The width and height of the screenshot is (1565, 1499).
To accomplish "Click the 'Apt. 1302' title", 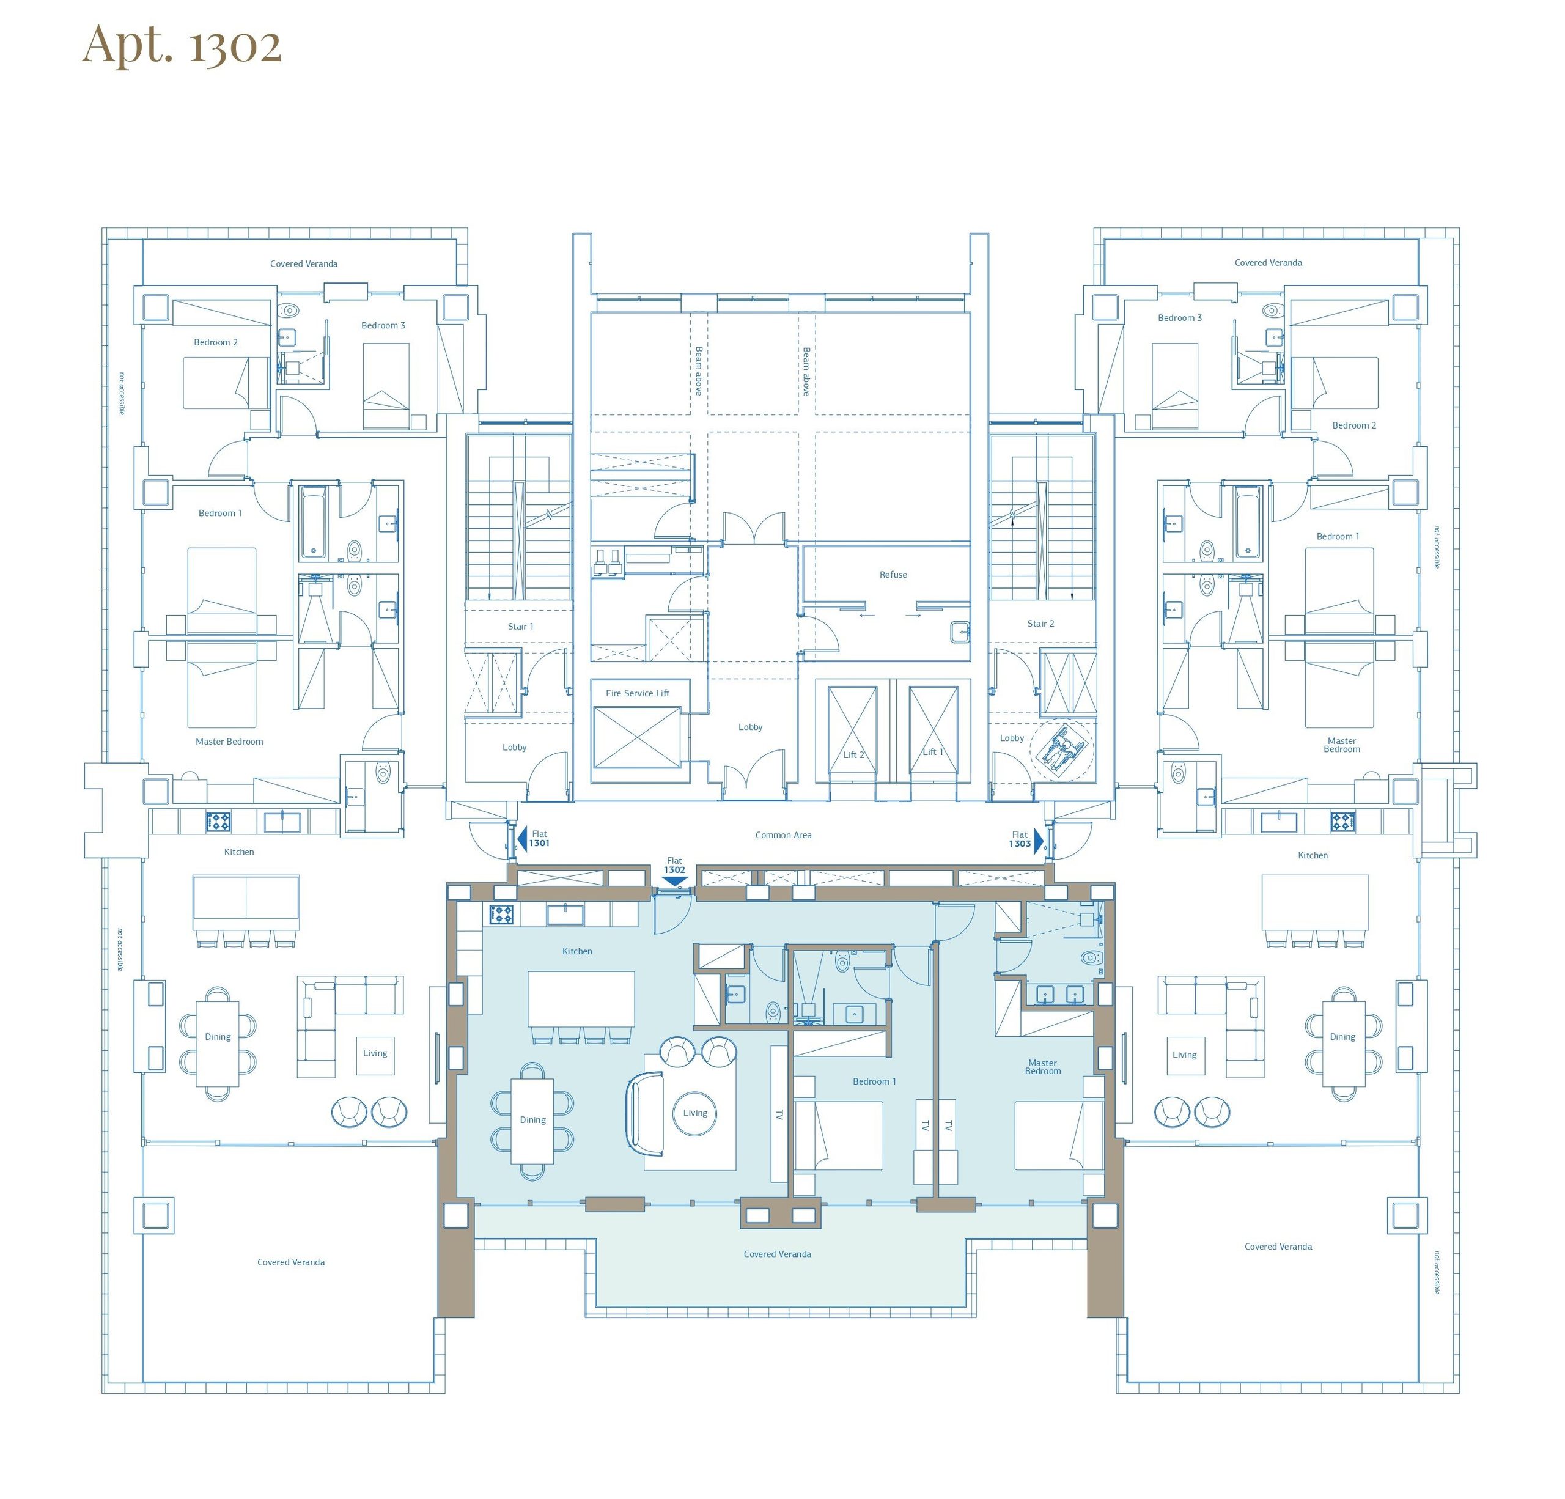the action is point(182,45).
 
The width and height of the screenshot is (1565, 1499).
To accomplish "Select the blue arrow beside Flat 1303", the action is point(1039,840).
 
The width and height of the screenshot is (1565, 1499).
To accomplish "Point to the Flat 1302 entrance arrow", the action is point(676,882).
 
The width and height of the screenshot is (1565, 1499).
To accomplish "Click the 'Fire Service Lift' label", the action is point(637,693).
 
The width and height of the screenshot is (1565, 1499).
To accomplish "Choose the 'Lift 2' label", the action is point(853,754).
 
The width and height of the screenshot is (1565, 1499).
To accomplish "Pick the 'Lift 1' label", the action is point(933,751).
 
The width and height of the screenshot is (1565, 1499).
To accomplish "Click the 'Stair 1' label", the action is point(521,626).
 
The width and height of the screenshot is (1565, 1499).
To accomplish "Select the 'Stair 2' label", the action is point(1040,623).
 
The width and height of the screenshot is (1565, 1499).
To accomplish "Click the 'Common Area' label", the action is point(783,835).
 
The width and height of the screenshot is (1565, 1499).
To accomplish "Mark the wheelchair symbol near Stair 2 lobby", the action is point(1061,748).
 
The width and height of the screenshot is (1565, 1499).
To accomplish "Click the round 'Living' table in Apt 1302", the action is point(694,1113).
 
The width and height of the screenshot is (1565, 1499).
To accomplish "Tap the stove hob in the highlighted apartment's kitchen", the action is point(501,915).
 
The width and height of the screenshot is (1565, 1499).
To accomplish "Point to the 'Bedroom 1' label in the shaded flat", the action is point(874,1081).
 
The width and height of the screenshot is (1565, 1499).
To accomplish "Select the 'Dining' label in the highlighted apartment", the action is point(532,1119).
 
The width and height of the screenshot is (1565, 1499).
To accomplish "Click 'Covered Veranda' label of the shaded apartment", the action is point(777,1254).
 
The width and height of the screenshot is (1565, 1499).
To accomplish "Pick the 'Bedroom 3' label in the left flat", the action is point(383,325).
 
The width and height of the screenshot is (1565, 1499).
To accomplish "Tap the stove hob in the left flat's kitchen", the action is point(219,821).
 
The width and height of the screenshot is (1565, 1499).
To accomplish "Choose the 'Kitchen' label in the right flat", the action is point(1313,855).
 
